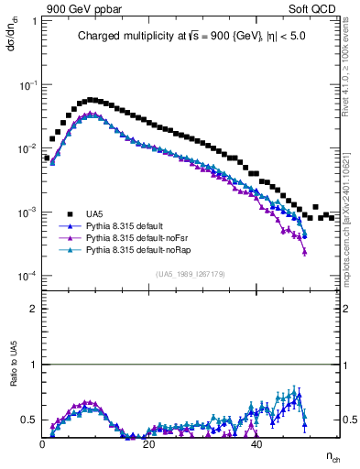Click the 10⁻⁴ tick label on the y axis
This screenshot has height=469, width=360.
29,277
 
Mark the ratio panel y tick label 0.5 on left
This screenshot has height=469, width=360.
30,420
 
